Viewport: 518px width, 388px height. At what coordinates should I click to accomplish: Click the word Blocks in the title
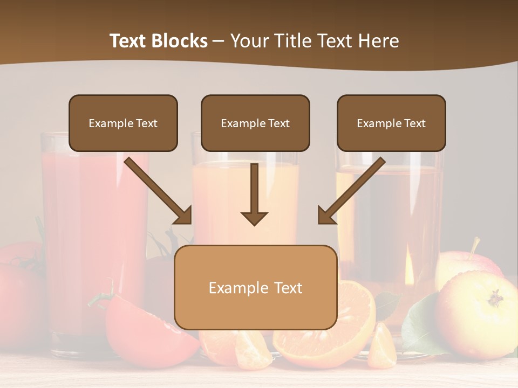click(x=180, y=41)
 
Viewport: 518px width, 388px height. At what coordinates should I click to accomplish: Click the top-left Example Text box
click(x=123, y=123)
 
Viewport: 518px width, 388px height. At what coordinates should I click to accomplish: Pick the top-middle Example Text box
click(x=255, y=123)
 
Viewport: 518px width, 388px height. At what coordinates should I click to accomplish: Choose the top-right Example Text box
click(x=391, y=123)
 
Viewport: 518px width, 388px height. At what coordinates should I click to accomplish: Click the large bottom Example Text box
click(x=255, y=287)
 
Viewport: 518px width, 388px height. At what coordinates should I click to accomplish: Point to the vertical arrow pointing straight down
click(x=254, y=195)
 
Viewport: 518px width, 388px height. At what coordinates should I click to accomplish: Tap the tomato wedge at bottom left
click(x=146, y=329)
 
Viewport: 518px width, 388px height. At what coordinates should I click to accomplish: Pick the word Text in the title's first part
click(x=129, y=41)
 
